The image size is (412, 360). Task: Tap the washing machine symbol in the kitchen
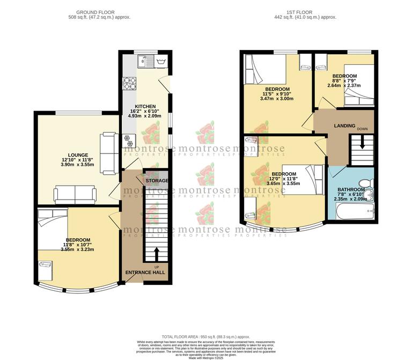click(160, 62)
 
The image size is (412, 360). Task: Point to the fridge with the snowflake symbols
click(128, 141)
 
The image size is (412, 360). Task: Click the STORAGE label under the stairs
click(157, 181)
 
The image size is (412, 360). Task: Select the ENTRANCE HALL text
click(145, 273)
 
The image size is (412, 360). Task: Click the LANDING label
click(344, 126)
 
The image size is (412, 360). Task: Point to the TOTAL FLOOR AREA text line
click(205, 335)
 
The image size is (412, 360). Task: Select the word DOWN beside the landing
click(363, 129)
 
